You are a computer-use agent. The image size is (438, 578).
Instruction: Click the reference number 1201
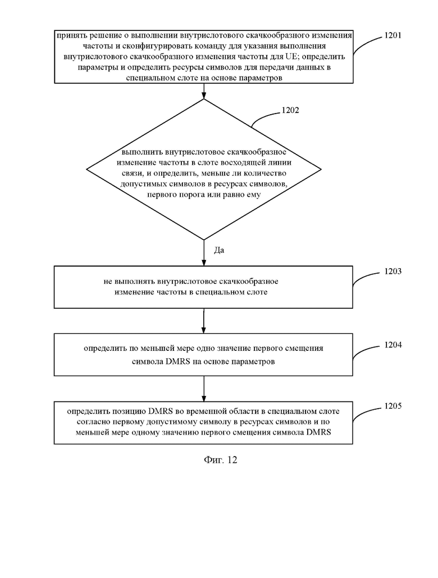tap(393, 35)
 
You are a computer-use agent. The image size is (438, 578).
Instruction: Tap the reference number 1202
tap(290, 110)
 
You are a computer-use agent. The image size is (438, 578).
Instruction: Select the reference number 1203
tap(393, 272)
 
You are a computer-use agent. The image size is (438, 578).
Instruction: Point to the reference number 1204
tap(393, 345)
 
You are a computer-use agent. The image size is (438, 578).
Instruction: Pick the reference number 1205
tap(393, 406)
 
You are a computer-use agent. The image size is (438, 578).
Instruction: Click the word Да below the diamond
tap(219, 250)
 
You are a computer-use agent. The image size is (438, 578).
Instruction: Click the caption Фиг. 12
tap(220, 460)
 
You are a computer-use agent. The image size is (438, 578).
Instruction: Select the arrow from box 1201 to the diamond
tap(204, 91)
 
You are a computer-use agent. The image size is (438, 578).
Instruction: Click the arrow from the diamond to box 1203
tap(204, 253)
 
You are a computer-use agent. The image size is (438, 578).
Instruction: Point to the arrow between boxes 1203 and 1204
tap(204, 320)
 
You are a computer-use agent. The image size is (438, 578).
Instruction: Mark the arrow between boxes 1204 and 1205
tap(204, 389)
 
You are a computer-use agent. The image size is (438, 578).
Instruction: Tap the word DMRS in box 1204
tap(178, 362)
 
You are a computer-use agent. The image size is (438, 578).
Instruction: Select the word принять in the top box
tap(69, 35)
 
